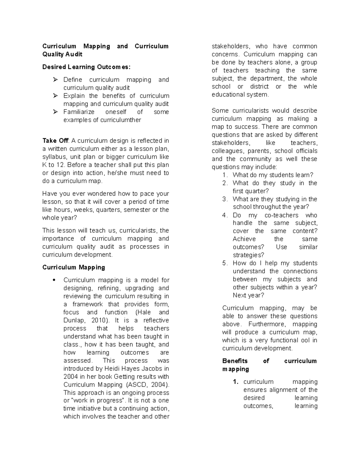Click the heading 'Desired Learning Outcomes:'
[86, 67]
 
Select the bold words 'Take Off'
[55, 141]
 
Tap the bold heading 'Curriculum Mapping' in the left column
[73, 267]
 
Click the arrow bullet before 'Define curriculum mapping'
[55, 80]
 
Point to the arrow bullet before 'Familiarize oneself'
[55, 112]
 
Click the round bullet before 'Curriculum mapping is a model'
[54, 280]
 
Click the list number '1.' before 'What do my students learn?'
[225, 175]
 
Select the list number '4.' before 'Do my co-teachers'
[225, 215]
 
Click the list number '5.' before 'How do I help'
[225, 263]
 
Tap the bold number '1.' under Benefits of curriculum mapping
[236, 382]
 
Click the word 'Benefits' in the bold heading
[235, 361]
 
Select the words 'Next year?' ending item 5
[248, 295]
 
